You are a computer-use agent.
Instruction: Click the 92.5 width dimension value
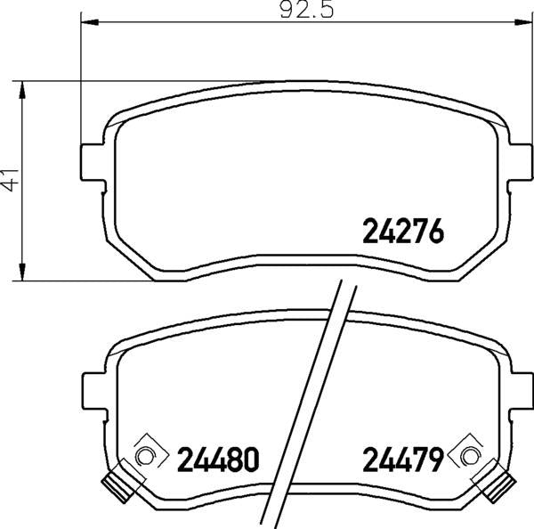coord(307,11)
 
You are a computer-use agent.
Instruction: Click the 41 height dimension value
coord(10,180)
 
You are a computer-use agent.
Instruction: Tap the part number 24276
coord(403,231)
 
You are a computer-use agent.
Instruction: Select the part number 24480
coord(218,460)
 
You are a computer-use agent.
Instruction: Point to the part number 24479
coord(403,460)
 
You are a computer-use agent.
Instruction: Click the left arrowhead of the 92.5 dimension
coord(90,22)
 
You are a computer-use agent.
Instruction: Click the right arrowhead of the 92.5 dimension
coord(522,22)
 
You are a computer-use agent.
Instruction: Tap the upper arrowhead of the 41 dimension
coord(22,90)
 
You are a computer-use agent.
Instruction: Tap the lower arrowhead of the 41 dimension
coord(22,272)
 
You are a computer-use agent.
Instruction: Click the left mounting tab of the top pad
coord(92,162)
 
